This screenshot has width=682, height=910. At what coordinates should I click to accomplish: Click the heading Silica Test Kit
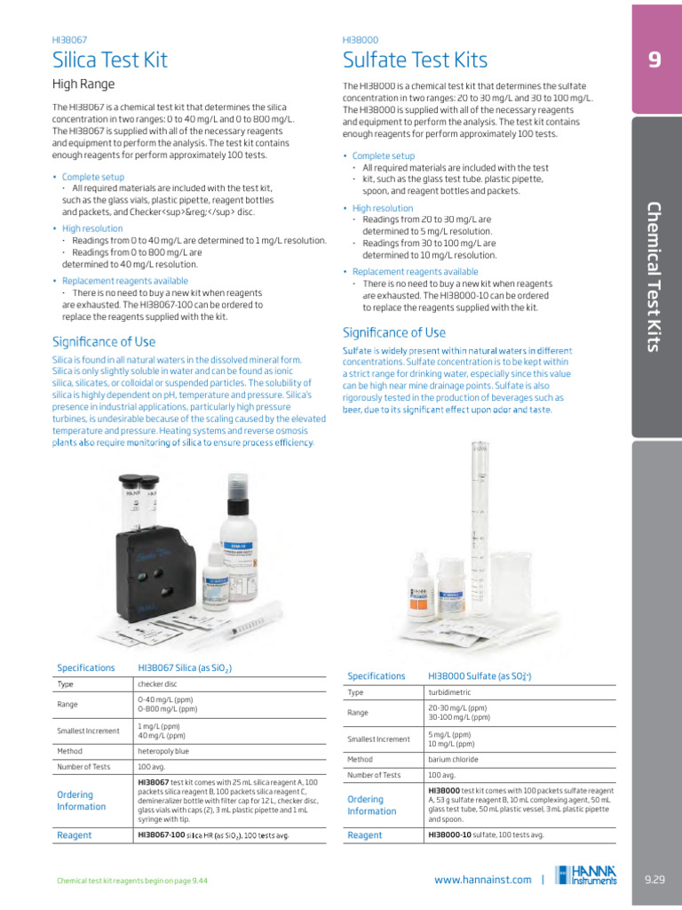110,60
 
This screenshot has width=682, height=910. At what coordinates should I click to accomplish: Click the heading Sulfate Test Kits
415,60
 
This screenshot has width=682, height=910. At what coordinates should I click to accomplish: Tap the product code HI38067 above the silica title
71,40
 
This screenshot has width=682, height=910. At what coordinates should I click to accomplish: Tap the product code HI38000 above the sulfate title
360,40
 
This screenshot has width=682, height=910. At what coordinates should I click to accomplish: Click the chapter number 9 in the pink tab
654,60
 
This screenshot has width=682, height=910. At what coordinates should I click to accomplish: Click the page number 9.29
654,880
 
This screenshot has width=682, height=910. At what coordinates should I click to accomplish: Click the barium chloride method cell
453,759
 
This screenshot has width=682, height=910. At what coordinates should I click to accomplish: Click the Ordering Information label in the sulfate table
372,805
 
